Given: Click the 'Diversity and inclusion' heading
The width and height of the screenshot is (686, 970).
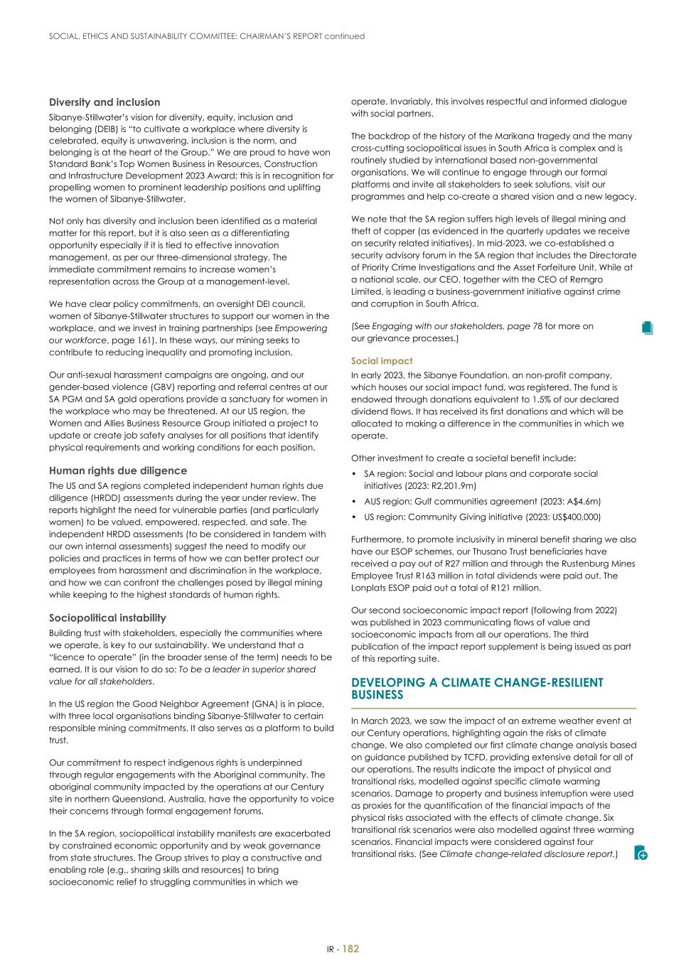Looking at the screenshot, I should coord(104,102).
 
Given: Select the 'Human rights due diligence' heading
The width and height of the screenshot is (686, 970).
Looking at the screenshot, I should coord(118,470).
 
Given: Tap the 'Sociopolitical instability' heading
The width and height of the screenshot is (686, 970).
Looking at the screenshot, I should coord(107,618).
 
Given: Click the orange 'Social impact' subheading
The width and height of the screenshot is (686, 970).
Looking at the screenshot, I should coord(381,361).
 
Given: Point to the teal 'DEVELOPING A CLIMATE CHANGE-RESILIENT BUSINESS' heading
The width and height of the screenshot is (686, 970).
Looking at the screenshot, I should coord(477,688).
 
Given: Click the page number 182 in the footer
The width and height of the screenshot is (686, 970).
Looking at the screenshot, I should coord(351,949).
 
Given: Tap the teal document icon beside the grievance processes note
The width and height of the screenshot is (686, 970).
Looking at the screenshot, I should coord(646,328).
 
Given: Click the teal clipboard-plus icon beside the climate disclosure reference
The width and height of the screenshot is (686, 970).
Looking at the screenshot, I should coord(641,853).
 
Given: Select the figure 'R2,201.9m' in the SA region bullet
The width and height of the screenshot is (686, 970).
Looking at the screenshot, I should coord(451,486).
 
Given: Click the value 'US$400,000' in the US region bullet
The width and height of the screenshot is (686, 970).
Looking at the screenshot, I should coord(574,517).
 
